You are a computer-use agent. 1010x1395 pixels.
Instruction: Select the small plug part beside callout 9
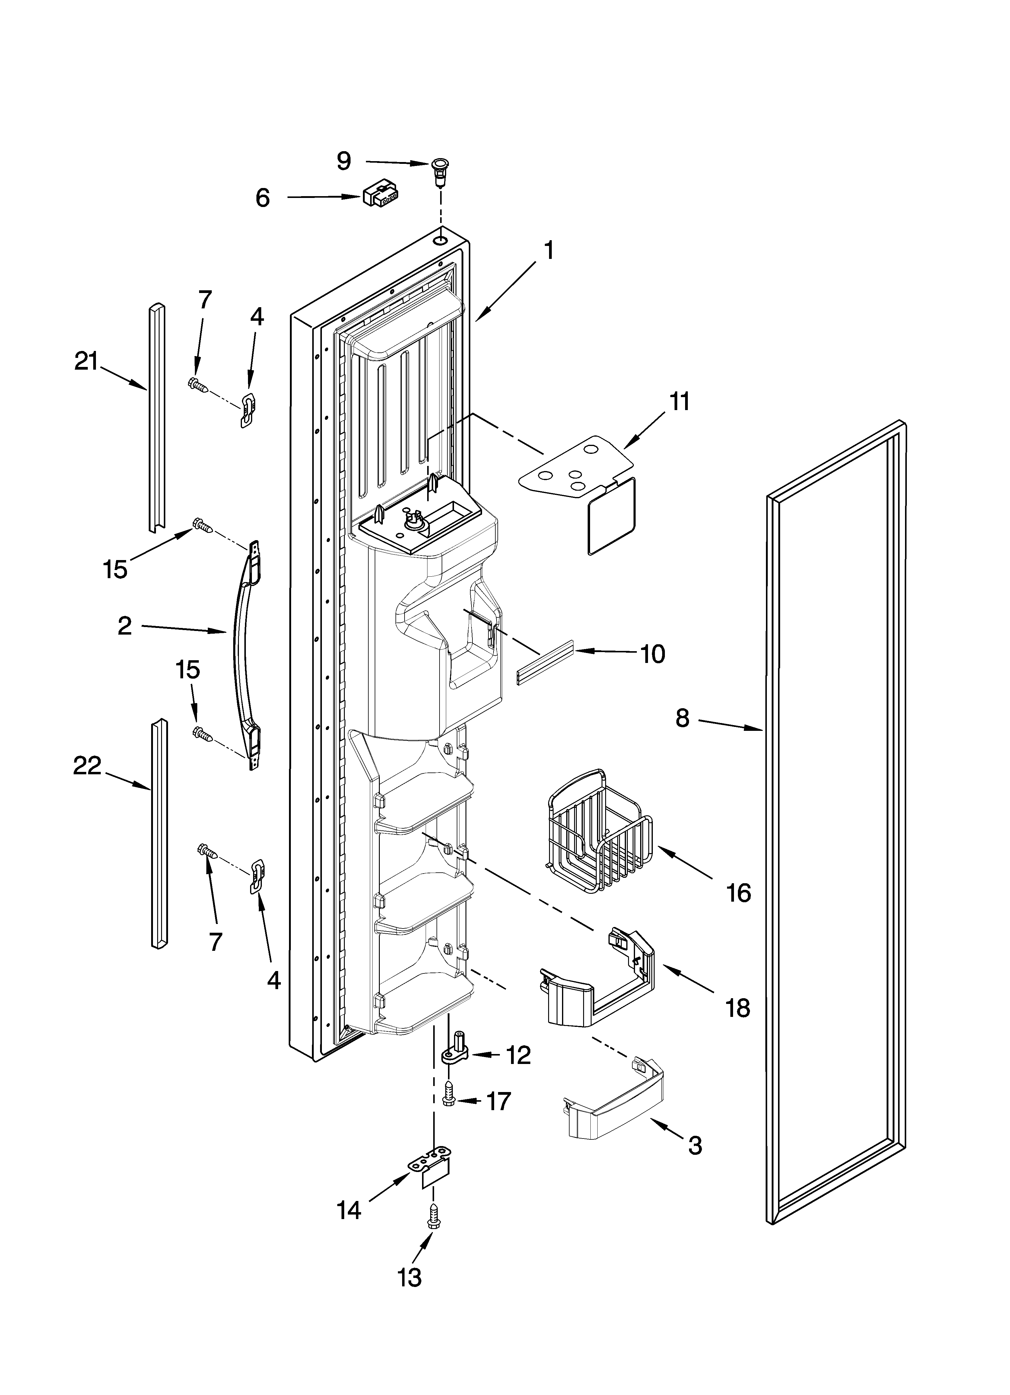click(x=439, y=171)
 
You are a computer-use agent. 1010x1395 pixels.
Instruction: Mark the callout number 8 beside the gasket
click(x=682, y=718)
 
